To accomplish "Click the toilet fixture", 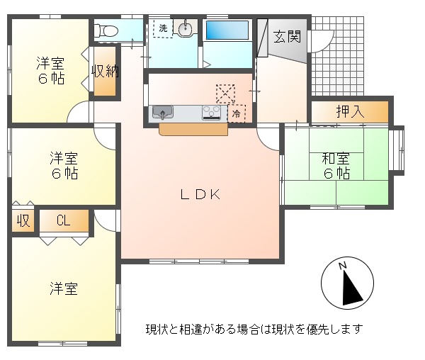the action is (106, 30).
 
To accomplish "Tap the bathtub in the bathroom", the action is (227, 30).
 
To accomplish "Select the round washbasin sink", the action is (186, 28).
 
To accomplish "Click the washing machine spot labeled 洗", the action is (163, 28).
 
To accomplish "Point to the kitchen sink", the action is (163, 112).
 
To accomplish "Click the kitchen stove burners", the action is (211, 113).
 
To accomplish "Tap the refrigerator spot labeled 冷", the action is (237, 113).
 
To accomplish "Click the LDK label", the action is (200, 194).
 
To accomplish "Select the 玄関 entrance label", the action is (287, 36).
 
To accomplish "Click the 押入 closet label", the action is (350, 111).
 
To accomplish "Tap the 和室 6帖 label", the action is (336, 166).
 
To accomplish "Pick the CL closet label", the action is (64, 220).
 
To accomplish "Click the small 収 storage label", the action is (23, 220).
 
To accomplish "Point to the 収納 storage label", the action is (105, 72).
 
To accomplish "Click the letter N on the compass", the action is (343, 265).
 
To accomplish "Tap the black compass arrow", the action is (351, 288).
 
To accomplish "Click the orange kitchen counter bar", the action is (193, 129).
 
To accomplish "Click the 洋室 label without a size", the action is (64, 288).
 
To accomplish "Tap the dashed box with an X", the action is (225, 94).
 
